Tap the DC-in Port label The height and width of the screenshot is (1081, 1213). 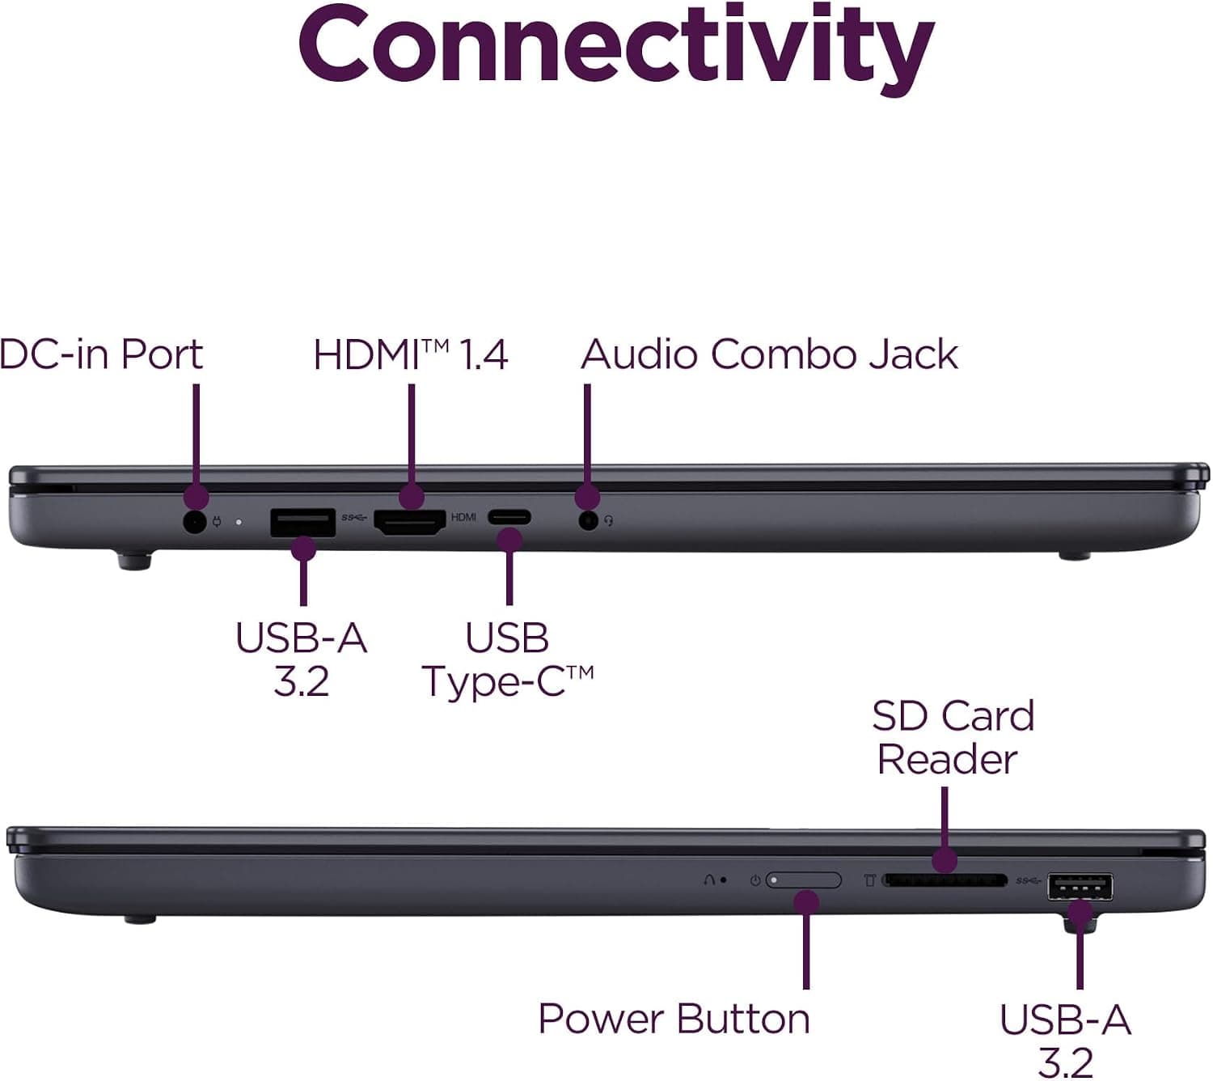(101, 354)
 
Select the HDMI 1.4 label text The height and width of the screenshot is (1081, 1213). (411, 354)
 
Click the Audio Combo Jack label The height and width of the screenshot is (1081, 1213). (769, 354)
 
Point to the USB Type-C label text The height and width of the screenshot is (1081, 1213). (508, 659)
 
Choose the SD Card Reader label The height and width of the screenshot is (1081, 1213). (953, 737)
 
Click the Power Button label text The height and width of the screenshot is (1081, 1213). (674, 1019)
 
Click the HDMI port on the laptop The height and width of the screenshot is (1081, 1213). (410, 521)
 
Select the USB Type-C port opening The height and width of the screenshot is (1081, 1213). (509, 517)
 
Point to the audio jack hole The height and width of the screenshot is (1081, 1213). (589, 521)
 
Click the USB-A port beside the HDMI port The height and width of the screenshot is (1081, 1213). (303, 523)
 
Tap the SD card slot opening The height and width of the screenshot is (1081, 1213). (945, 881)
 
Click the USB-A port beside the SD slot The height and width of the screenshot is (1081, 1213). (1080, 886)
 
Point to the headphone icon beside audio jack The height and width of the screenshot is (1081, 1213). (609, 521)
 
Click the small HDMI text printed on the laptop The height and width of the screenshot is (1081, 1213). (463, 516)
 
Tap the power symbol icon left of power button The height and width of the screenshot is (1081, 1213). (755, 880)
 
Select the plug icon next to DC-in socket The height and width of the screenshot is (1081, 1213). (217, 521)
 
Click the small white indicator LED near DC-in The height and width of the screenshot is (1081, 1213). (239, 522)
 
